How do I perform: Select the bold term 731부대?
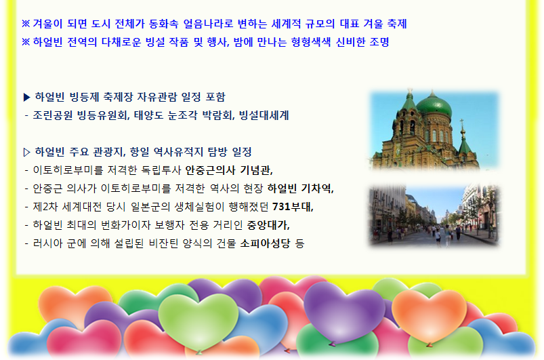[x=297, y=206]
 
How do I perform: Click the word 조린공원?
[x=53, y=115]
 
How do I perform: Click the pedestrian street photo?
[x=434, y=216]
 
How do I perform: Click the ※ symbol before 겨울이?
[x=26, y=24]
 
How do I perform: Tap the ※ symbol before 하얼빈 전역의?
[x=26, y=42]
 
